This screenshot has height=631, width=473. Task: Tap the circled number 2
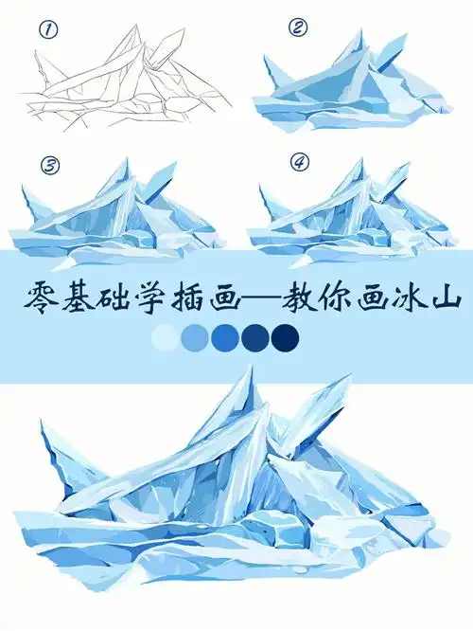click(299, 27)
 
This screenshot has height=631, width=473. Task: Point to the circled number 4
click(300, 163)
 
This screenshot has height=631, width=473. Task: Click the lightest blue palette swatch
click(165, 337)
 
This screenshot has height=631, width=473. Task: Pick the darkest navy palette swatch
click(285, 337)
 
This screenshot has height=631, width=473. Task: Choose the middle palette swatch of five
click(225, 337)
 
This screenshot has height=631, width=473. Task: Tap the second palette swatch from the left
click(195, 337)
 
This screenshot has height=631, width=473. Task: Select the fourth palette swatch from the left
click(255, 337)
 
